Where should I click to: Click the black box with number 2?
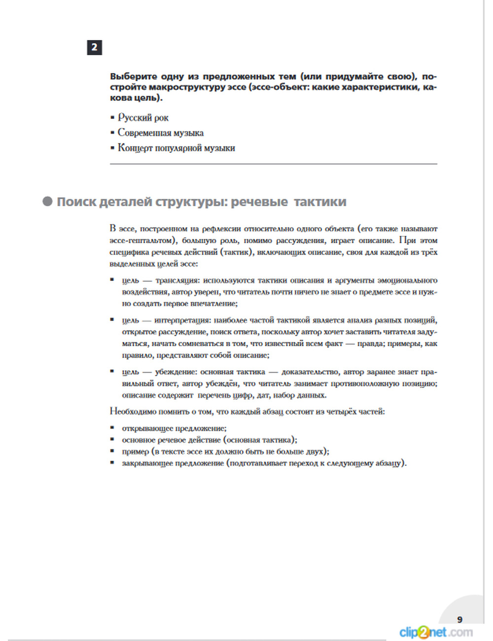pyautogui.click(x=94, y=47)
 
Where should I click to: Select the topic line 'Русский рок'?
pyautogui.click(x=143, y=118)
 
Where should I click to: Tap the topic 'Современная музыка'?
pyautogui.click(x=160, y=133)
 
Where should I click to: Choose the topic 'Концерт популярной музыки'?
pyautogui.click(x=176, y=148)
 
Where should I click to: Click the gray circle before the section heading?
pyautogui.click(x=47, y=201)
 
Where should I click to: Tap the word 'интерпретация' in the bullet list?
pyautogui.click(x=182, y=320)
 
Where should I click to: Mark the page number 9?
pyautogui.click(x=459, y=620)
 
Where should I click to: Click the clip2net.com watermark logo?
pyautogui.click(x=436, y=632)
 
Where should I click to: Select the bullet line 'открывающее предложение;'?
pyautogui.click(x=174, y=428)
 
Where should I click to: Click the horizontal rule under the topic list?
pyautogui.click(x=273, y=163)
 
